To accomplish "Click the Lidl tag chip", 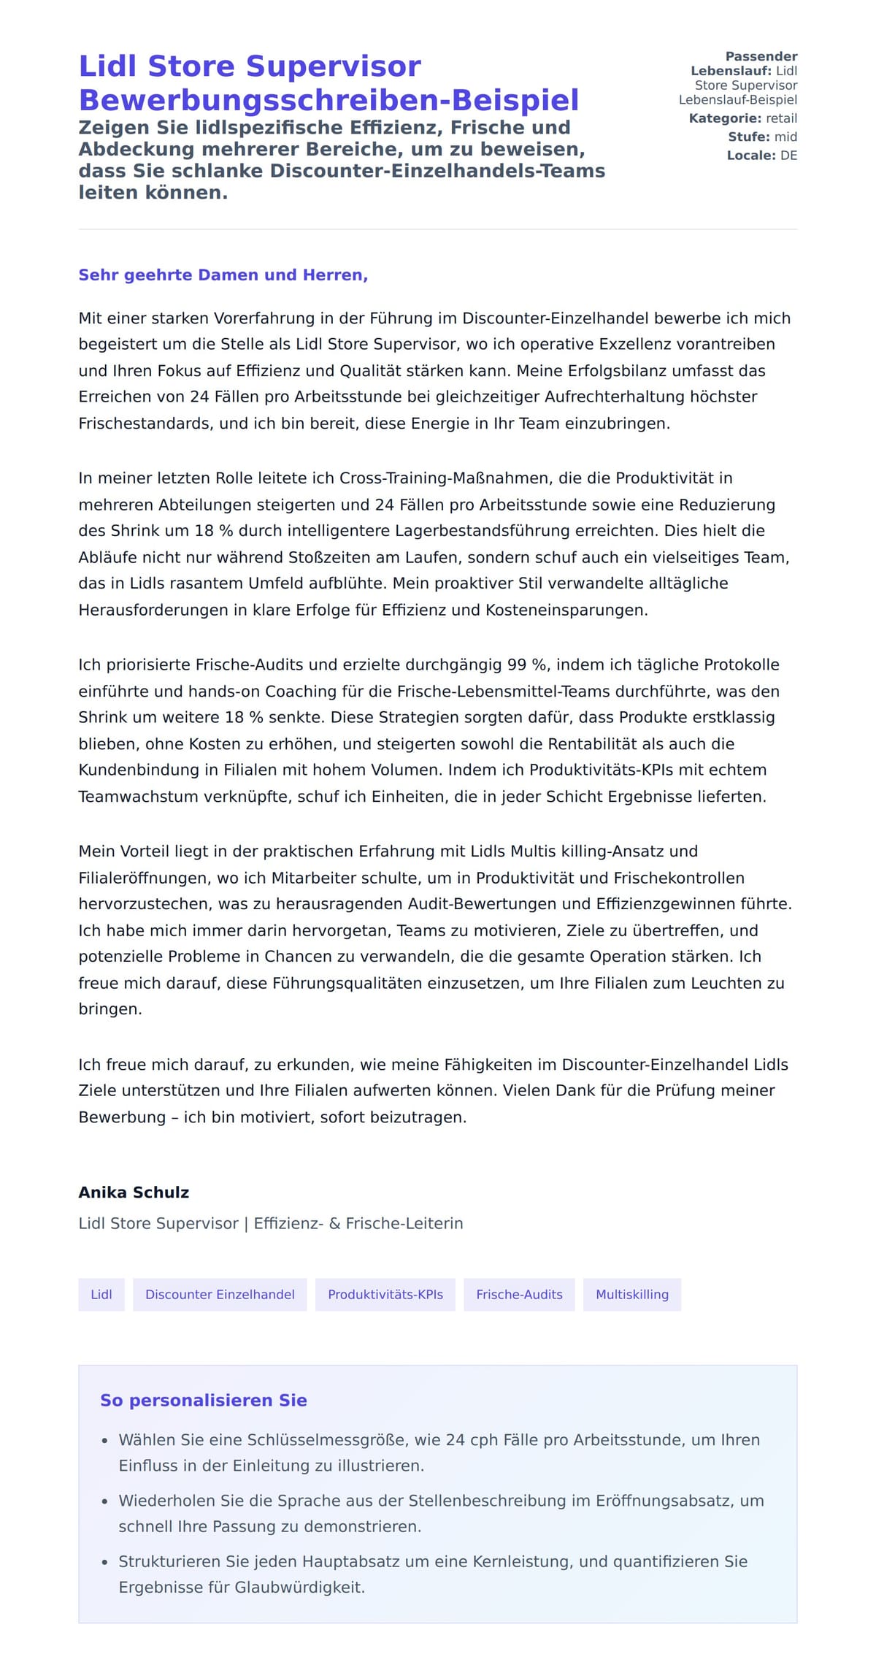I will (x=101, y=1294).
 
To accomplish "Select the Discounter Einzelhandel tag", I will (x=220, y=1294).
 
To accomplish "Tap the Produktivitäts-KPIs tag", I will (x=385, y=1294).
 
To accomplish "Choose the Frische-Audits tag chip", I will (x=519, y=1294).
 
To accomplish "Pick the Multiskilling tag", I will (x=631, y=1294).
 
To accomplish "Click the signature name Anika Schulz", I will (x=134, y=1192).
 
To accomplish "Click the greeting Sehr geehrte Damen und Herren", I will (x=223, y=275).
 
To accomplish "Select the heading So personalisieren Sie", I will (x=203, y=1400).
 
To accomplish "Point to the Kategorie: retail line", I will (x=742, y=118).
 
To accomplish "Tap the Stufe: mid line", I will (x=762, y=137).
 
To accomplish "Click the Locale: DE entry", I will (x=761, y=155).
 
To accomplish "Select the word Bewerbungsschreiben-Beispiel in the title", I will (x=328, y=100).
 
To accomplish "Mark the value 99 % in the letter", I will (x=527, y=665).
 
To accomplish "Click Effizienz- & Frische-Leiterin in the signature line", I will (x=358, y=1223).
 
